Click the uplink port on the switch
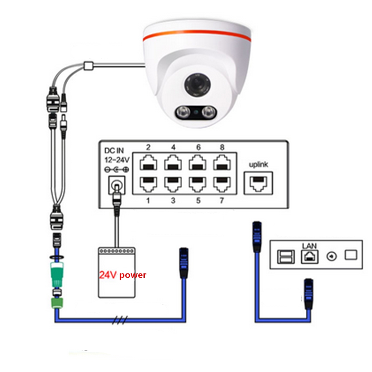tap(258, 183)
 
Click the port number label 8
tap(222, 147)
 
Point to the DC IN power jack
tap(117, 185)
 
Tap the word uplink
tap(258, 165)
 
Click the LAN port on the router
tap(309, 257)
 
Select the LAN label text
tap(309, 246)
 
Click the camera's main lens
tap(197, 85)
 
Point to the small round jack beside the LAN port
tap(331, 257)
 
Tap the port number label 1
tap(148, 201)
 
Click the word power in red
tap(133, 275)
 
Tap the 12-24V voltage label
tap(117, 160)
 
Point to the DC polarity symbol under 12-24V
tap(117, 170)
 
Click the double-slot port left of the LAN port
tap(286, 257)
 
